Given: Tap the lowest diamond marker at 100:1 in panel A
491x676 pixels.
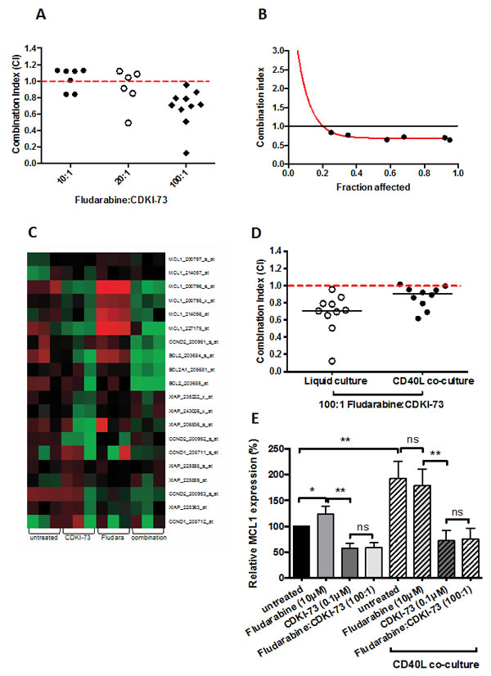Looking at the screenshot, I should (x=187, y=153).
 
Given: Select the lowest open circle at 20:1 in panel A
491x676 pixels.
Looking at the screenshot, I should (x=128, y=123).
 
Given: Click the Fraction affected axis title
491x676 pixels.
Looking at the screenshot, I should (x=372, y=187).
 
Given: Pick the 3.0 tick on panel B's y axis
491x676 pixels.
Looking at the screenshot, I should (x=279, y=50).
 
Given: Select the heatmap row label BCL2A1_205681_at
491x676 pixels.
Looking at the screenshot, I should (x=189, y=347).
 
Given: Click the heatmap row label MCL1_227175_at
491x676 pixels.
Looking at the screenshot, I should (x=187, y=324).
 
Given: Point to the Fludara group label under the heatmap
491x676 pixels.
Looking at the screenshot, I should (x=112, y=538).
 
